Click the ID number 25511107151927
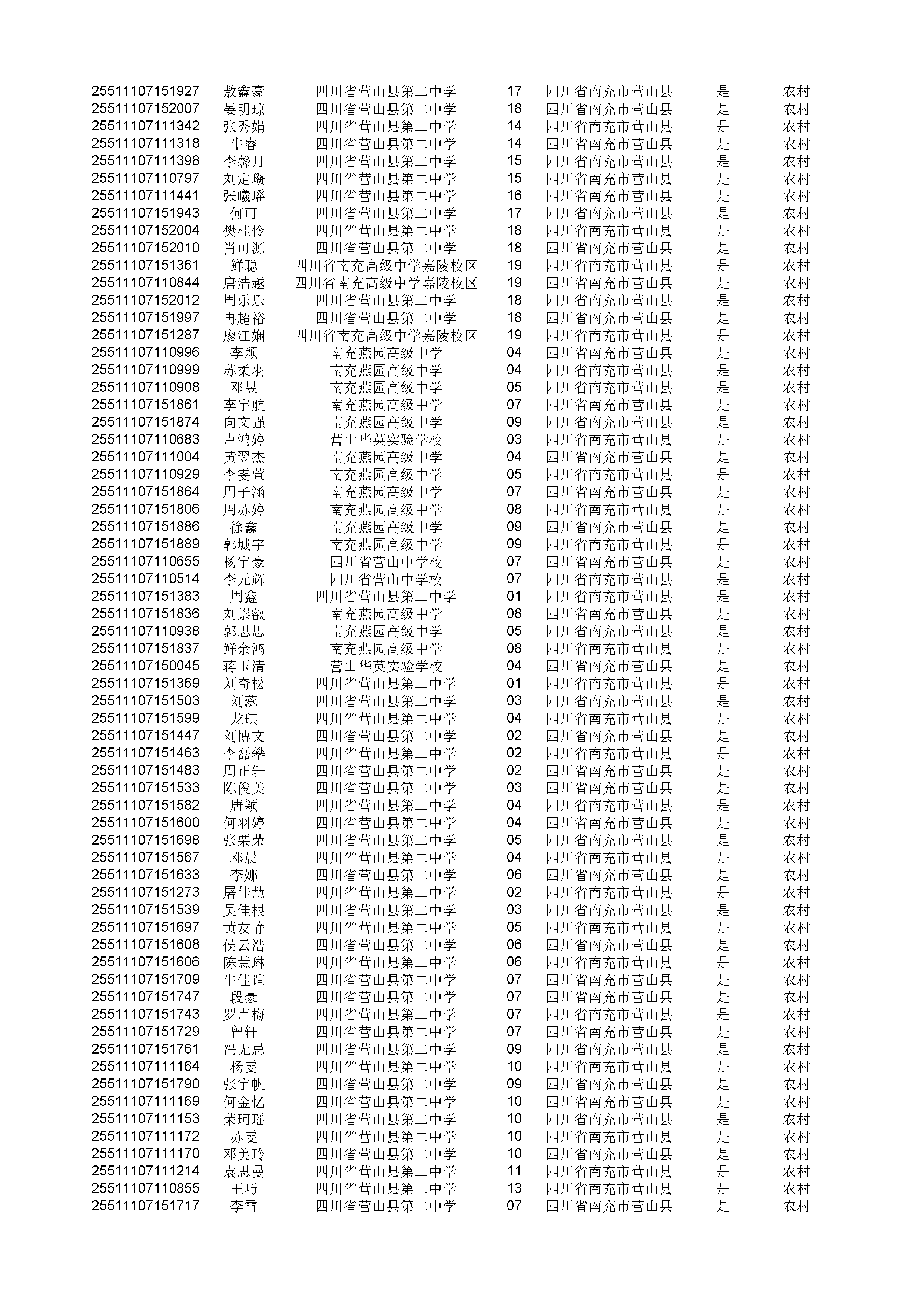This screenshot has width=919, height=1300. coord(146,91)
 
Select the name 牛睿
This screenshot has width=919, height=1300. coord(244,144)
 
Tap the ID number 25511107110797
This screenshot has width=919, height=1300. coord(146,178)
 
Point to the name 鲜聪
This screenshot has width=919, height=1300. coord(244,266)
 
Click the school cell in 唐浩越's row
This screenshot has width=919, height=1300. coord(386,283)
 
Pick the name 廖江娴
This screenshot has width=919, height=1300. coord(244,335)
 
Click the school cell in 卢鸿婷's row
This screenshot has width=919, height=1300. coord(386,440)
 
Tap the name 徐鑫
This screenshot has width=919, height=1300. coord(244,527)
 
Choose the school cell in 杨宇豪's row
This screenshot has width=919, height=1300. coord(386,562)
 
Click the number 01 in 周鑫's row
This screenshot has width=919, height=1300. coord(514,596)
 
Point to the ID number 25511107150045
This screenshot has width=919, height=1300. coord(146,666)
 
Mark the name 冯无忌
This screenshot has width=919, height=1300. coord(244,1049)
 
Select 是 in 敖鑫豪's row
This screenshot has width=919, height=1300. coord(723,91)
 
